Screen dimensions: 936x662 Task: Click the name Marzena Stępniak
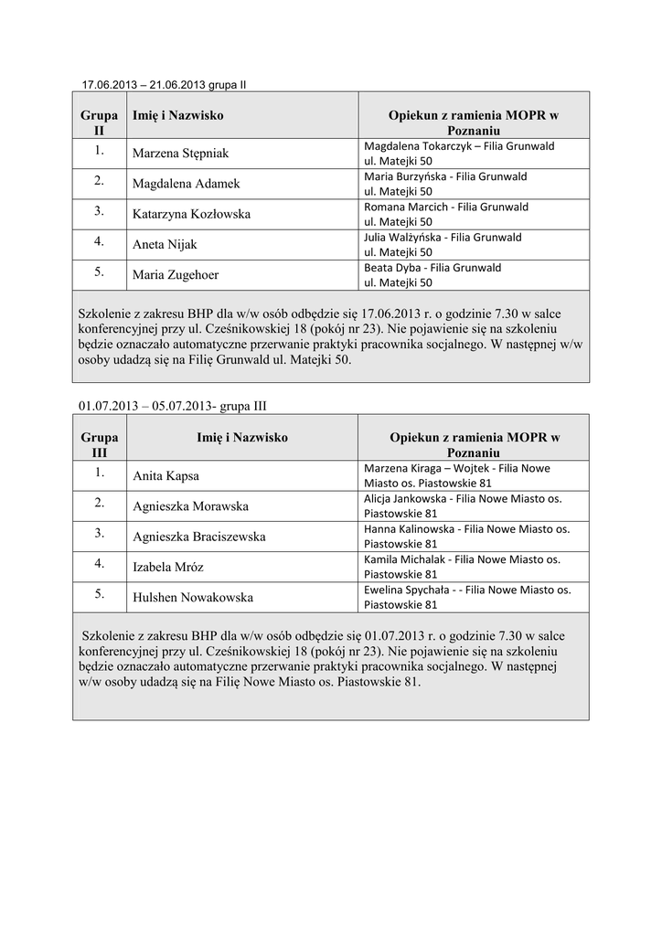pyautogui.click(x=180, y=154)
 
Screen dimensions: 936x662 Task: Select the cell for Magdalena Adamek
pyautogui.click(x=186, y=184)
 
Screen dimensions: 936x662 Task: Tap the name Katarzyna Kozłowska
pyautogui.click(x=191, y=214)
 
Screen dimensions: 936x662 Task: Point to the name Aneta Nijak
pyautogui.click(x=165, y=245)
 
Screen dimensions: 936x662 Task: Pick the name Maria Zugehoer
pyautogui.click(x=176, y=274)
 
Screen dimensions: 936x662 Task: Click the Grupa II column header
pyautogui.click(x=99, y=123)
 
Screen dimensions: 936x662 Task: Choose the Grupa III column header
pyautogui.click(x=99, y=445)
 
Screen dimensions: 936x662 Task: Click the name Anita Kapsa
pyautogui.click(x=165, y=476)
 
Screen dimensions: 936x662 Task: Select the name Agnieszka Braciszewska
pyautogui.click(x=198, y=537)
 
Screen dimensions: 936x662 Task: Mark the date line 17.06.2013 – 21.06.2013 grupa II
pyautogui.click(x=165, y=85)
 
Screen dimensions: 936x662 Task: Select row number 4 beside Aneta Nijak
pyautogui.click(x=99, y=242)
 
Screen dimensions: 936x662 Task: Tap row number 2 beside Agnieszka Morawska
pyautogui.click(x=99, y=504)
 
